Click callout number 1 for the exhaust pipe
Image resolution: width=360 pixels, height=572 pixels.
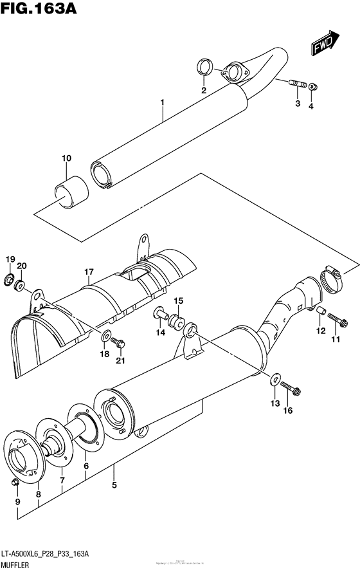pos(163,102)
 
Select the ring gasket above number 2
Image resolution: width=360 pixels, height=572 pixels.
pos(204,66)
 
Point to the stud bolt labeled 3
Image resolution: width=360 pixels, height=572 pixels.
pos(297,83)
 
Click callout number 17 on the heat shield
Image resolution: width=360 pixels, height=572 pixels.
pos(88,272)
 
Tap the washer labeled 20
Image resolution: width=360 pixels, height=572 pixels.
pos(21,285)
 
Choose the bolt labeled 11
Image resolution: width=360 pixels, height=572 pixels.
pos(335,318)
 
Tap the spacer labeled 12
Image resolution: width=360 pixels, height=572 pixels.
pos(318,312)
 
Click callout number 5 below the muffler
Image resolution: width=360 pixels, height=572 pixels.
pos(114,485)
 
